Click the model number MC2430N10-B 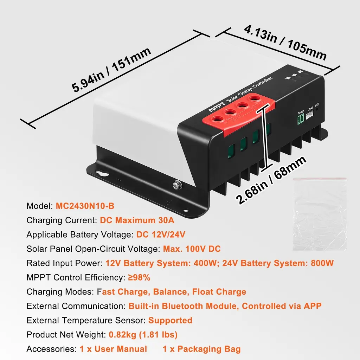pyautogui.click(x=85, y=206)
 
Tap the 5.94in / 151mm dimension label pyautogui.click(x=111, y=70)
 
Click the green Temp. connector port pyautogui.click(x=301, y=120)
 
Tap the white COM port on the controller pyautogui.click(x=309, y=115)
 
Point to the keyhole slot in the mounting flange pyautogui.click(x=102, y=173)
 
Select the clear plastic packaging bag pyautogui.click(x=320, y=213)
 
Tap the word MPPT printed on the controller pyautogui.click(x=217, y=107)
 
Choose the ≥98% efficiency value pyautogui.click(x=139, y=277)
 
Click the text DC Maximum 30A pyautogui.click(x=137, y=220)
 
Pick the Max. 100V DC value pyautogui.click(x=192, y=249)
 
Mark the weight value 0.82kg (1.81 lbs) pyautogui.click(x=143, y=335)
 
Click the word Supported pyautogui.click(x=171, y=320)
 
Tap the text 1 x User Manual pyautogui.click(x=114, y=349)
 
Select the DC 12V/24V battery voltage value pyautogui.click(x=161, y=234)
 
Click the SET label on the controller pyautogui.click(x=317, y=105)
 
